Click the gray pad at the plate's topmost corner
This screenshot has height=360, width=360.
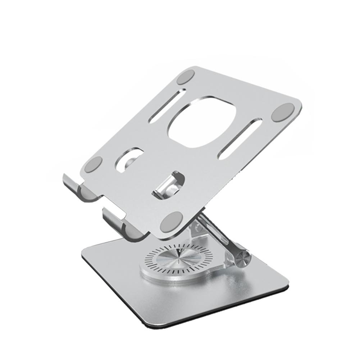186,78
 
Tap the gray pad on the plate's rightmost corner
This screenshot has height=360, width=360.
283,113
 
